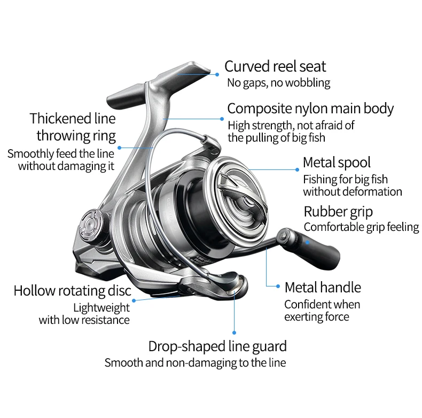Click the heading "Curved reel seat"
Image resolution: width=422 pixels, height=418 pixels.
click(275, 66)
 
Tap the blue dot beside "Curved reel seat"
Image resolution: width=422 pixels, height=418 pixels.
click(217, 75)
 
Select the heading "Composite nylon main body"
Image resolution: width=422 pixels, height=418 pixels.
click(310, 109)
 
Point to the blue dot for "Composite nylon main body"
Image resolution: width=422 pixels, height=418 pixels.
click(222, 119)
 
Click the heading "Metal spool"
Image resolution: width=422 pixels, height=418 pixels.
click(337, 162)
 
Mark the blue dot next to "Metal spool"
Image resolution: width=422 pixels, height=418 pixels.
click(297, 169)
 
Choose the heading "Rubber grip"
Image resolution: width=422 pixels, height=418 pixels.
click(338, 212)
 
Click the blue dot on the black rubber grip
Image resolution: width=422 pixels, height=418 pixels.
click(307, 242)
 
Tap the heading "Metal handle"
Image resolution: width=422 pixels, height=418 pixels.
click(323, 288)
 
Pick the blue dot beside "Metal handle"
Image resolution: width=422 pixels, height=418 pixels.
click(278, 287)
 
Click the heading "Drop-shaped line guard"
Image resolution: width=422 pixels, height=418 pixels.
click(217, 346)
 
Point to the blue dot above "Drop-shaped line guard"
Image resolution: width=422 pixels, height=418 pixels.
click(234, 332)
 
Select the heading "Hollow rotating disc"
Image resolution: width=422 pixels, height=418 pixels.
click(73, 291)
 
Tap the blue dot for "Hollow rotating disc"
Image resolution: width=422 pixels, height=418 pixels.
click(134, 300)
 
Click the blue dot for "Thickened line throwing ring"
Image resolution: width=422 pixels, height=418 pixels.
click(120, 148)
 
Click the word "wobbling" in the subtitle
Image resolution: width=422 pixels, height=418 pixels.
click(308, 83)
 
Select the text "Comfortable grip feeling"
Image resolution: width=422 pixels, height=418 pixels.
click(362, 227)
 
